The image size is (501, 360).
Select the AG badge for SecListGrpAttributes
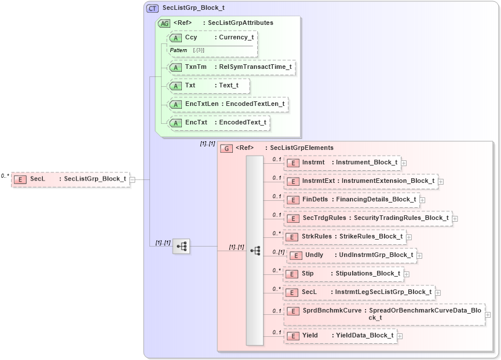[x=164, y=23]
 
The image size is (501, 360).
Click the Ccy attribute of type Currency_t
[x=212, y=38]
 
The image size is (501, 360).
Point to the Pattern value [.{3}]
[x=199, y=50]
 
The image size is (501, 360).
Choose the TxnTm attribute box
[x=231, y=67]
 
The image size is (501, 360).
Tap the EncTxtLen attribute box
[x=227, y=104]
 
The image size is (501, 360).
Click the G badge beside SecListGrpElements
[x=227, y=148]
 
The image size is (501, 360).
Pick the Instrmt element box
[x=342, y=163]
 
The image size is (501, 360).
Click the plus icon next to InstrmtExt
[x=441, y=182]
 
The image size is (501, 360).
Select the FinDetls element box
[x=352, y=200]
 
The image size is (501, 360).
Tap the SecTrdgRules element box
[x=368, y=218]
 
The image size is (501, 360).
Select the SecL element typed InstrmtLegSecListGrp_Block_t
[x=359, y=292]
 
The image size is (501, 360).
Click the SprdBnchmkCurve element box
[x=384, y=314]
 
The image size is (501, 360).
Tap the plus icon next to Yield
[x=400, y=336]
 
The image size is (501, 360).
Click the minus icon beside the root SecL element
[x=133, y=179]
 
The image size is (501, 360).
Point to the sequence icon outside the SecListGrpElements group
[x=181, y=246]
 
